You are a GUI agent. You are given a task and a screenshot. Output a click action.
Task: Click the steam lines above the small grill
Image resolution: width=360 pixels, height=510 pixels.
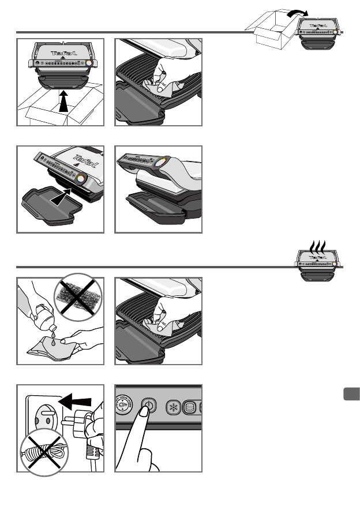(x=318, y=245)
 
